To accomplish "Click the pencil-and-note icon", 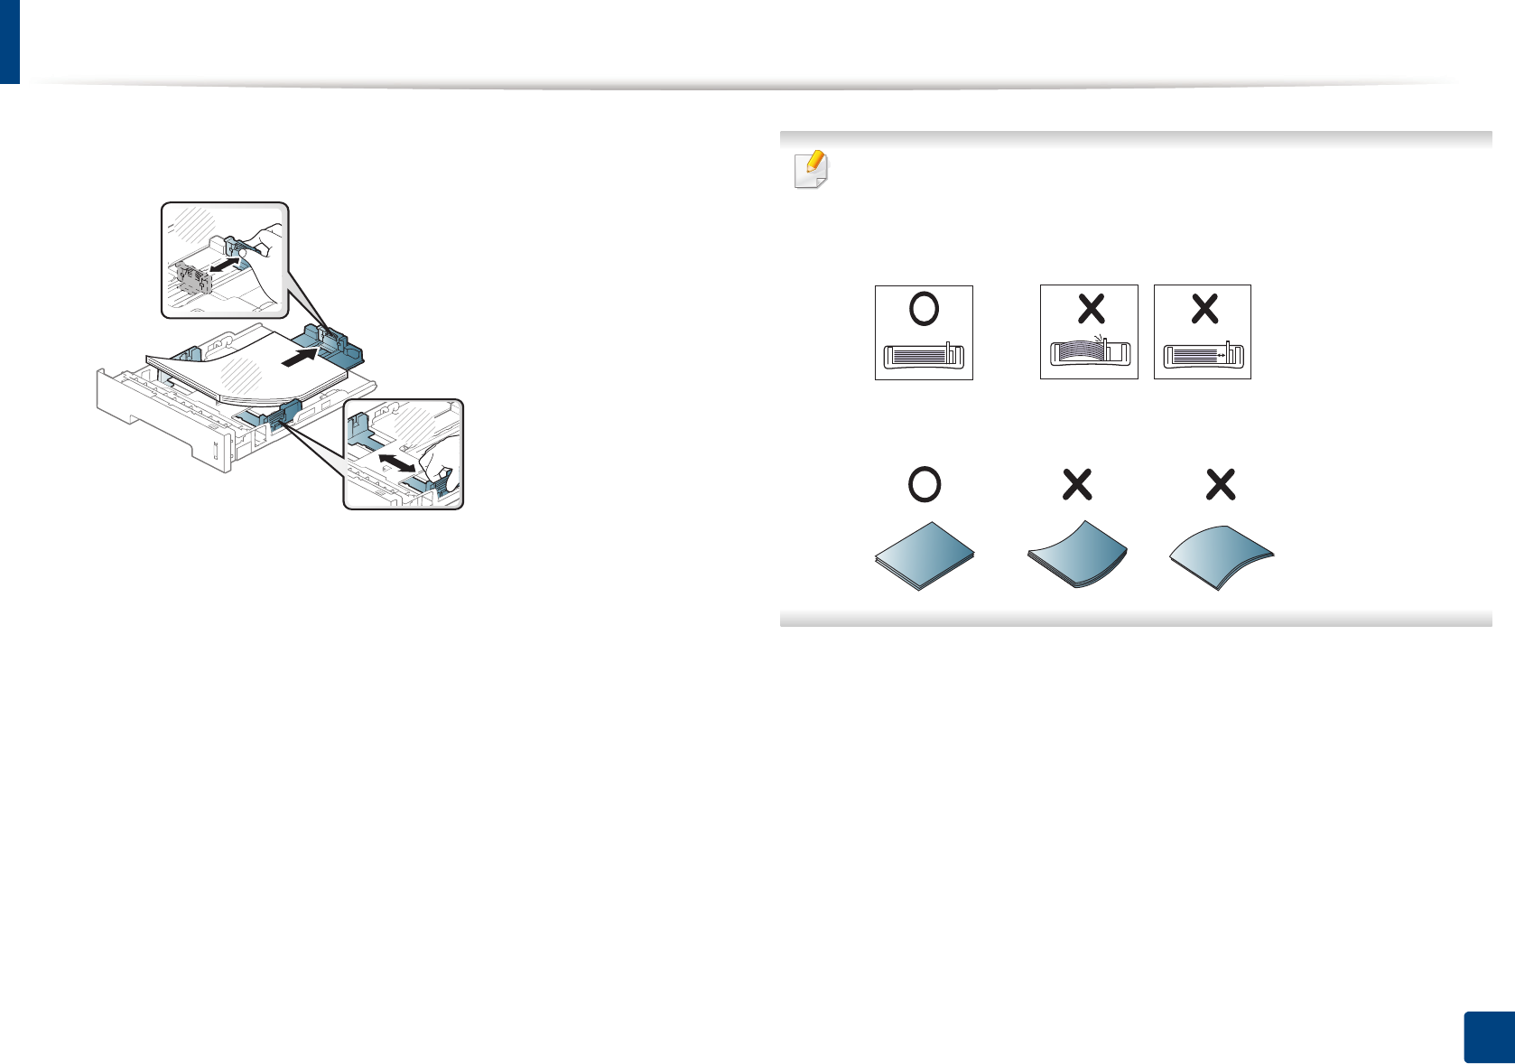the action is click(811, 169).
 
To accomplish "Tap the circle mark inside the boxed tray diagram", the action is click(924, 309).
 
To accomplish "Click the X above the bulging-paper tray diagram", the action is click(1091, 309).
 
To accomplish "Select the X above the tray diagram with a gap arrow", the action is click(1204, 309).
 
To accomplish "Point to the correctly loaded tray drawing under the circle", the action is click(924, 355).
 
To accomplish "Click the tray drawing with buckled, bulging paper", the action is click(1090, 351).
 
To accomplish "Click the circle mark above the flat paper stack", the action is click(924, 485).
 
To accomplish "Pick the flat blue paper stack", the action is click(925, 555).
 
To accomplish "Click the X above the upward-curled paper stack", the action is click(1077, 485).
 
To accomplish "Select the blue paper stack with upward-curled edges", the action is click(1077, 555).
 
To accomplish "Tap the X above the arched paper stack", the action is click(1221, 485).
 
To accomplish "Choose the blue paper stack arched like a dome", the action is click(1221, 556).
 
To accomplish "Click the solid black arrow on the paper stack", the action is click(301, 359).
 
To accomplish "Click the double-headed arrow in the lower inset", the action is click(398, 462).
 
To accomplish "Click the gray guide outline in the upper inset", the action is click(191, 276).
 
